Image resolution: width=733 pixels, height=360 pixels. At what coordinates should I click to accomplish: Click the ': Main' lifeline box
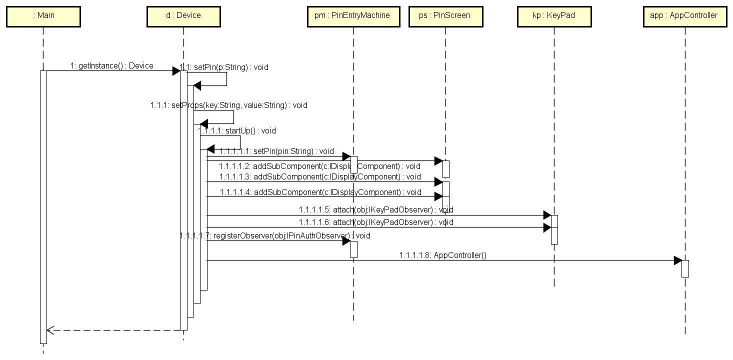coord(43,16)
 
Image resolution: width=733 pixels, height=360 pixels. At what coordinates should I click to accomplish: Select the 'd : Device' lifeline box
coord(183,16)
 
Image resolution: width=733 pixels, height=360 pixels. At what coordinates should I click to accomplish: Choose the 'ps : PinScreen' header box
coord(445,16)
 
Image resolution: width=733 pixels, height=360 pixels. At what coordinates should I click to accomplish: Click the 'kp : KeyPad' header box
coord(554,16)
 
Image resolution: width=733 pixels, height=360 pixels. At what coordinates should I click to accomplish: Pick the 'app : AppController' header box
coord(684,16)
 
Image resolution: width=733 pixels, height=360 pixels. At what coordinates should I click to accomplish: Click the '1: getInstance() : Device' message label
coord(111,65)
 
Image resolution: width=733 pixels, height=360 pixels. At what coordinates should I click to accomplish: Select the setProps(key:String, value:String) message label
coord(228,105)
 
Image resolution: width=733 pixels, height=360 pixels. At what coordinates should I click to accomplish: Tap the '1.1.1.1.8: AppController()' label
coord(442,255)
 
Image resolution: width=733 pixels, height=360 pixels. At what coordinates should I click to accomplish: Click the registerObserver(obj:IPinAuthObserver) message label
coord(275,235)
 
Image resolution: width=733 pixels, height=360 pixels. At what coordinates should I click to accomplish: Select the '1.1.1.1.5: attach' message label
coord(376,210)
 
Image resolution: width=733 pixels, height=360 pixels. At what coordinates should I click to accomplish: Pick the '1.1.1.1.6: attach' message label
coord(376,222)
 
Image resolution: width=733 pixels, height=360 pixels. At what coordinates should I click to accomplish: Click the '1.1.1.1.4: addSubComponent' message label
coord(320,192)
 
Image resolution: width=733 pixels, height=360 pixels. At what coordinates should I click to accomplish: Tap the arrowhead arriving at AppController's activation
coord(677,260)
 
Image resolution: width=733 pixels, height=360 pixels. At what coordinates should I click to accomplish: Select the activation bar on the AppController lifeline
coord(685,268)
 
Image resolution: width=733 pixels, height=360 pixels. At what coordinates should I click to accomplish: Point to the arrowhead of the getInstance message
coord(176,71)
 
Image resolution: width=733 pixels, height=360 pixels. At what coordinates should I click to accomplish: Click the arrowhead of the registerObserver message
coord(346,241)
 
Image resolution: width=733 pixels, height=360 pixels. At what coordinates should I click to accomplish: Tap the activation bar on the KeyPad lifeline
coord(554,229)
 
